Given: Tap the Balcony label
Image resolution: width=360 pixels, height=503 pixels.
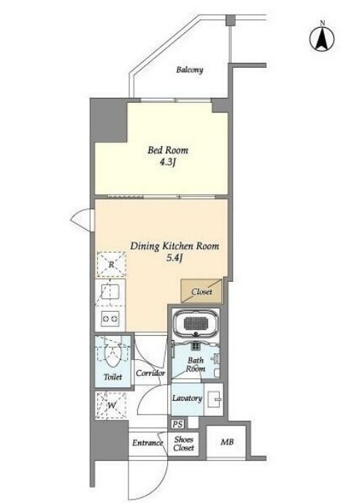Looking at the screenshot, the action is pyautogui.click(x=190, y=69).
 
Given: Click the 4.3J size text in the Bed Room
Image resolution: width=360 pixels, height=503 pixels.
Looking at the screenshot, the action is pyautogui.click(x=168, y=162).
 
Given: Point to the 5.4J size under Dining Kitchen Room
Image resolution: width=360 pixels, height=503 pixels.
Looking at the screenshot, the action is pyautogui.click(x=175, y=258).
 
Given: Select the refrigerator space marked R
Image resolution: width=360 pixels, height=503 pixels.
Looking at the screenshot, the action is pyautogui.click(x=111, y=265).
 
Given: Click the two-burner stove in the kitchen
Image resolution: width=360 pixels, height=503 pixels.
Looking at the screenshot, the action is pyautogui.click(x=110, y=319).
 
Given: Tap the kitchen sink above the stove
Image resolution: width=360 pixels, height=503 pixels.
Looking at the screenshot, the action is pyautogui.click(x=110, y=292).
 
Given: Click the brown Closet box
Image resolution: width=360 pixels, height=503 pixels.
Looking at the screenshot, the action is pyautogui.click(x=202, y=291).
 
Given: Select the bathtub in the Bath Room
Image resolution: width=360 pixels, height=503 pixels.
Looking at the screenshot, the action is pyautogui.click(x=196, y=323).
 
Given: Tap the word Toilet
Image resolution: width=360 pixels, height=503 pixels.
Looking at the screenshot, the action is pyautogui.click(x=113, y=377).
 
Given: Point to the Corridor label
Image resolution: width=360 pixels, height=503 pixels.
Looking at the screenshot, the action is pyautogui.click(x=150, y=373).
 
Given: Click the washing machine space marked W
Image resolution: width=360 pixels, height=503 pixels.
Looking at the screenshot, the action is pyautogui.click(x=111, y=405).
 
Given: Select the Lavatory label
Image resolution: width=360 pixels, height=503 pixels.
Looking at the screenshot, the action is pyautogui.click(x=187, y=399).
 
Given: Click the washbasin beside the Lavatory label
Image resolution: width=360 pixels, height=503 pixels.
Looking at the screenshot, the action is pyautogui.click(x=214, y=399).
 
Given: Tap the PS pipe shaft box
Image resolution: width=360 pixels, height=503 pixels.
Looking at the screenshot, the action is pyautogui.click(x=177, y=424).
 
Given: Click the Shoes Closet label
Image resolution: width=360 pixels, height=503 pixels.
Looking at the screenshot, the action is pyautogui.click(x=184, y=443).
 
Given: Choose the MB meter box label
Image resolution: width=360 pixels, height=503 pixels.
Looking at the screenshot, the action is pyautogui.click(x=227, y=442).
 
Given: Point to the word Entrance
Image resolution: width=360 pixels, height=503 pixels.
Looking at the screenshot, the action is pyautogui.click(x=148, y=442).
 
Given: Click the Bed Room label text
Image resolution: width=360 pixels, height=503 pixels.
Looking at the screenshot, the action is pyautogui.click(x=168, y=150).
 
